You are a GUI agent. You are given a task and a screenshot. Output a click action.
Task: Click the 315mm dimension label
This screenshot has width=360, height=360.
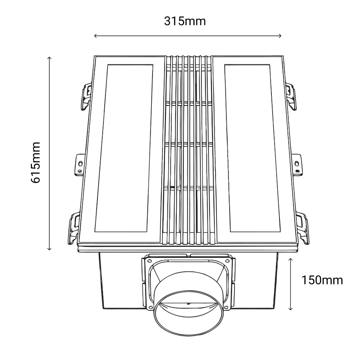[x=185, y=21]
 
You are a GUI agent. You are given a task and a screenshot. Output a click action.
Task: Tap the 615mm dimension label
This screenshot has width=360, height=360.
[x=36, y=162]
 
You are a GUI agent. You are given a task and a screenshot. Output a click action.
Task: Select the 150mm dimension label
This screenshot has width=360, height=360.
[x=322, y=280]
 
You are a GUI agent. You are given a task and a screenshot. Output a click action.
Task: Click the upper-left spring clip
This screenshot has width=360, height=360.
[x=86, y=96]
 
